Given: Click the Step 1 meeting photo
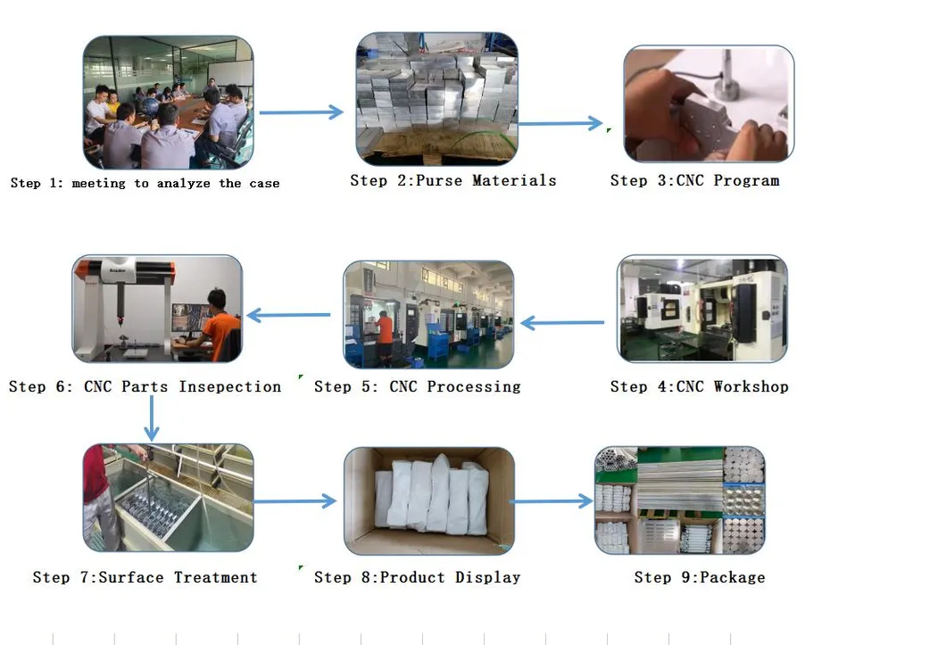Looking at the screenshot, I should click(168, 103).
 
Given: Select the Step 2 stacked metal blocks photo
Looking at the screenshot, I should click(436, 99).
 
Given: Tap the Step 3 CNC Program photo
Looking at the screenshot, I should click(708, 103).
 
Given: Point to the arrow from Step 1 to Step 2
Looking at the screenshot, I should click(301, 112).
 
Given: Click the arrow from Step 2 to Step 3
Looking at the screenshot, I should click(560, 124).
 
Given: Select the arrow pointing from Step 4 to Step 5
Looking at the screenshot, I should click(562, 323).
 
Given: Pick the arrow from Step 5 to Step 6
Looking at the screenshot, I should click(288, 315).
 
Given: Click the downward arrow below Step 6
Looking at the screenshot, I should click(152, 418).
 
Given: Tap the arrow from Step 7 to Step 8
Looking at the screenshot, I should click(295, 501).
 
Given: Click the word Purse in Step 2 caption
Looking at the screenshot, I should click(438, 180).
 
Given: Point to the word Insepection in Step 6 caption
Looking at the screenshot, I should click(229, 386).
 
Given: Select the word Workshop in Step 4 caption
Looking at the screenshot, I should click(751, 386).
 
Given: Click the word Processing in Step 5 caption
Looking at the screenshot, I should click(473, 386).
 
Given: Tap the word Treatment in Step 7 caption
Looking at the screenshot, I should click(215, 577).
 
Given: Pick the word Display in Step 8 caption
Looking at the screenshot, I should click(487, 577).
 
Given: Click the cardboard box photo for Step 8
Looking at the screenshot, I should click(429, 500).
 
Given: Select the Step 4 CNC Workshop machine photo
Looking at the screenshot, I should click(702, 310).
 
